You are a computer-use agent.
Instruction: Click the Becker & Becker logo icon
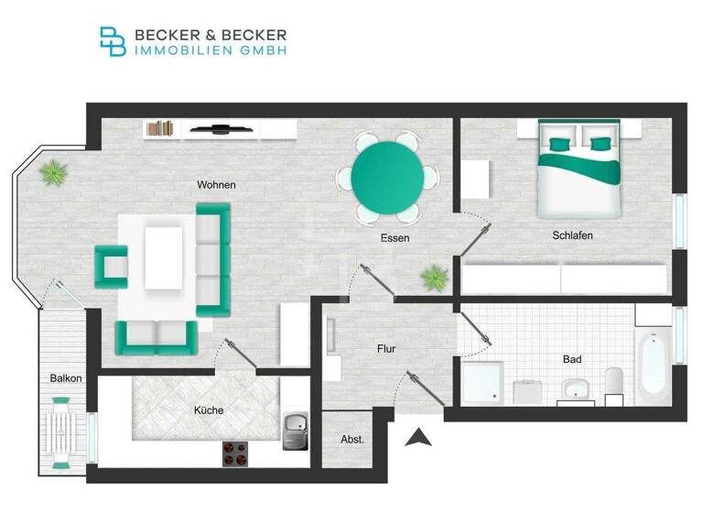click(x=114, y=41)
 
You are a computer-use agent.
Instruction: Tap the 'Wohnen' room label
click(x=216, y=185)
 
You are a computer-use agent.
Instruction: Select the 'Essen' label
click(x=395, y=238)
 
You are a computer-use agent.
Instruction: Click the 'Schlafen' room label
click(x=572, y=235)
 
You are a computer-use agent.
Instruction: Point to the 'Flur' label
click(x=385, y=349)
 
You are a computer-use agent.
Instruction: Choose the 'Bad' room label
click(x=572, y=359)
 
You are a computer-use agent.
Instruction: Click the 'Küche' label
click(x=209, y=410)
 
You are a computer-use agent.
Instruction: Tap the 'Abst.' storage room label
click(x=352, y=440)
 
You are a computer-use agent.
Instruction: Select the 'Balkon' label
click(x=66, y=378)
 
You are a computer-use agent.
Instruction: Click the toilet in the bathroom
click(x=614, y=386)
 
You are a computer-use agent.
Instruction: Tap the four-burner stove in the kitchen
click(x=235, y=452)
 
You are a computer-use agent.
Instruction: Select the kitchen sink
click(x=294, y=431)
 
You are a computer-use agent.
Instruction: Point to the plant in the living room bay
click(x=53, y=171)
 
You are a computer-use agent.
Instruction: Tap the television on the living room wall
click(x=220, y=129)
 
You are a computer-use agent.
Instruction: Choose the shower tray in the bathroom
click(x=481, y=382)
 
